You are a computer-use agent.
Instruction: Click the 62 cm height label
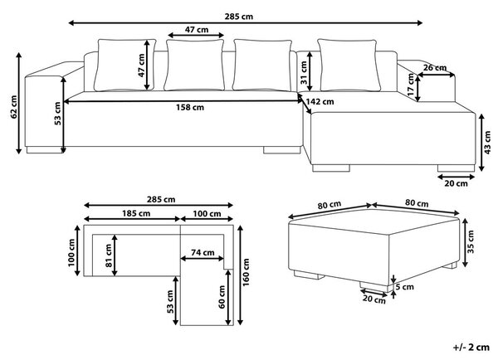pos(13,107)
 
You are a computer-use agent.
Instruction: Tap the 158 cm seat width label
pos(190,108)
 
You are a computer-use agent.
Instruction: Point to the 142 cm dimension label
pos(320,102)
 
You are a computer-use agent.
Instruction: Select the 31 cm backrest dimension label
pos(304,73)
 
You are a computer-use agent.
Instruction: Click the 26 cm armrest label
pos(435,68)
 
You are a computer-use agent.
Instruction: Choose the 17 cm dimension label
pos(411,85)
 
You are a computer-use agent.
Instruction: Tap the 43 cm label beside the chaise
pos(487,143)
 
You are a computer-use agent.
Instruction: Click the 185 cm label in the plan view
pos(136,213)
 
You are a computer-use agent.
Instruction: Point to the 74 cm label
pos(203,253)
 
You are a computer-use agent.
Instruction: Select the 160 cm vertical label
pos(247,272)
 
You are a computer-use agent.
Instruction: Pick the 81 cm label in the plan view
pos(109,255)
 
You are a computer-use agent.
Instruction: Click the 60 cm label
pos(222,297)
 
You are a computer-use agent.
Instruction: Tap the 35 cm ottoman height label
pos(471,241)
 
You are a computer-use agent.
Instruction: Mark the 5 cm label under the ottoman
pos(404,287)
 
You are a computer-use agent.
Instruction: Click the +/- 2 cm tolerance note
pos(471,348)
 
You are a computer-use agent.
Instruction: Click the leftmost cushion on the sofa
pos(125,65)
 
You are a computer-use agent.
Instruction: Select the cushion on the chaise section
pos(349,65)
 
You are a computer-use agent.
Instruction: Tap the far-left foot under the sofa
pos(45,150)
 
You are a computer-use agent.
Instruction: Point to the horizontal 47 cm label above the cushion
pos(197,30)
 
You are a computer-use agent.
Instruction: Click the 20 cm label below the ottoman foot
pos(374,299)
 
